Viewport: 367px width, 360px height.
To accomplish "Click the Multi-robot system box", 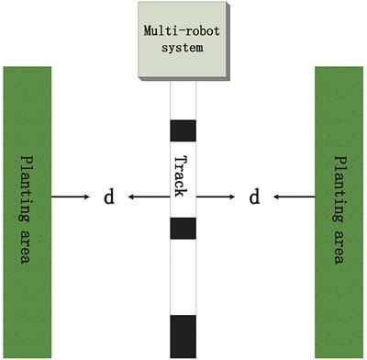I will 183,41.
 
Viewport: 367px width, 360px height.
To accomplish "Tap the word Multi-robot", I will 183,28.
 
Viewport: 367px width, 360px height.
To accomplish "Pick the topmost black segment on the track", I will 183,129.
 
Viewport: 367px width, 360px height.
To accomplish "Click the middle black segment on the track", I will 183,228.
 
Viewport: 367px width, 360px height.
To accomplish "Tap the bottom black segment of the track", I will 183,335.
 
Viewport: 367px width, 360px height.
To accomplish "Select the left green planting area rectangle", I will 28,210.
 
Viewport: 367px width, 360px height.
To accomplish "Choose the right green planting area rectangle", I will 339,210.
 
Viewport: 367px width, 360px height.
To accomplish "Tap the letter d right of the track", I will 256,197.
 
